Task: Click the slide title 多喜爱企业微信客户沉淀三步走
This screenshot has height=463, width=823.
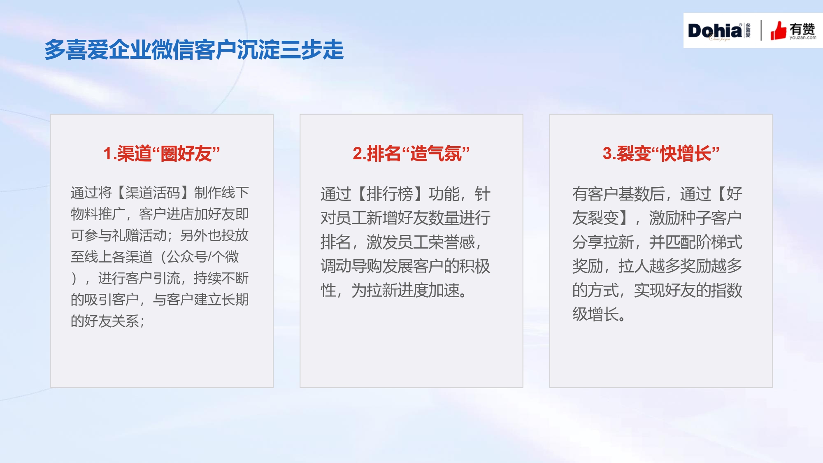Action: coord(194,50)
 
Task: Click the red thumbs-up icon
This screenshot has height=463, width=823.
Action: coord(778,30)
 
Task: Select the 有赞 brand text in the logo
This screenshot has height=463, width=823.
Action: coord(802,29)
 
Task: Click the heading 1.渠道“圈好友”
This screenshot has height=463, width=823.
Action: coord(162,154)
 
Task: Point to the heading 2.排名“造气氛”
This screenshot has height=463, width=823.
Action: coord(411,154)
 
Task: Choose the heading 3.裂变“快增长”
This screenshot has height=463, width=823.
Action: coord(661,154)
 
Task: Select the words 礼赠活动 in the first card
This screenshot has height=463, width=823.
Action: coord(139,235)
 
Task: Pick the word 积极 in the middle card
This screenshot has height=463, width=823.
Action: coord(474,266)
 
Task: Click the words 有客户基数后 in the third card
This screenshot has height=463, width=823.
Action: coord(618,194)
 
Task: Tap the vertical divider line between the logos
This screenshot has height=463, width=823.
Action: coord(761,30)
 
